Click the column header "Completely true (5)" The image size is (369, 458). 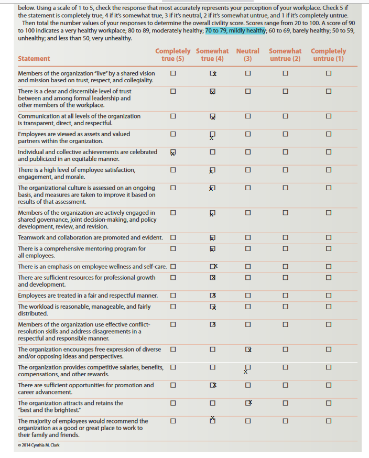[x=172, y=54]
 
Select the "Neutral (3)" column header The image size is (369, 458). [x=247, y=54]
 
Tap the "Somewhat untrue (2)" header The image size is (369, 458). [x=285, y=54]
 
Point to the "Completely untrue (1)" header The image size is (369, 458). [x=328, y=54]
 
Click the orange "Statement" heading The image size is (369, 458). [x=34, y=59]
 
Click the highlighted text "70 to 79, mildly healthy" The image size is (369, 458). [x=235, y=31]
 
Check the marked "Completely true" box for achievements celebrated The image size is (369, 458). [x=173, y=152]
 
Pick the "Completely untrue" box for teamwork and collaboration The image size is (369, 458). [x=328, y=238]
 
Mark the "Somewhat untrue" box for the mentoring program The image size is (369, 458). [x=285, y=248]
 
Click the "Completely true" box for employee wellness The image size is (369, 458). [x=172, y=267]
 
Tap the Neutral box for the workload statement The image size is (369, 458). [x=248, y=306]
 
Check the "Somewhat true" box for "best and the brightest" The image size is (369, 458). [x=212, y=403]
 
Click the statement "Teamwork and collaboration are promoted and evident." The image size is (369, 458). [x=90, y=238]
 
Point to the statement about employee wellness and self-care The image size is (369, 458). [x=92, y=267]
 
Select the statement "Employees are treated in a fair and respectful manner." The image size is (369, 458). [x=88, y=296]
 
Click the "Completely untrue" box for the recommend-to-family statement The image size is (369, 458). [x=328, y=421]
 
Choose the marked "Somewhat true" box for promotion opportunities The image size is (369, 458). [x=212, y=385]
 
